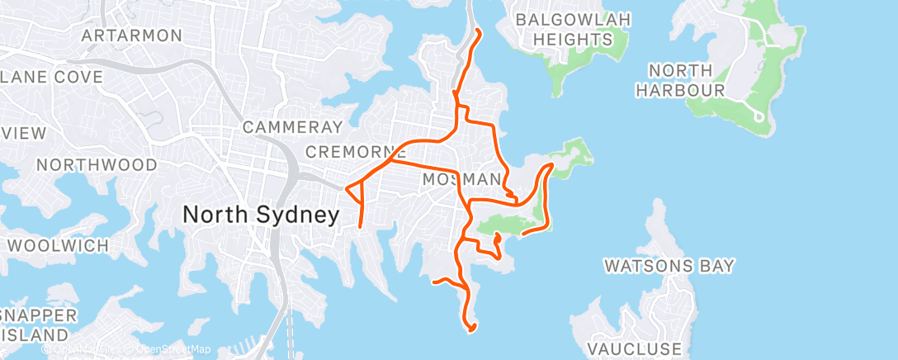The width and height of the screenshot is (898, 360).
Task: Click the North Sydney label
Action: click(260, 216)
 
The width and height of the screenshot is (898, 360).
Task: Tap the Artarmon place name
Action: click(131, 36)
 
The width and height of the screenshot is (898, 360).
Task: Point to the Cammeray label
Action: click(292, 127)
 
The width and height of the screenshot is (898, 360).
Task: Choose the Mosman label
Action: click(461, 179)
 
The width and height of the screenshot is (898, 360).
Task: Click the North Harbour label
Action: click(686, 80)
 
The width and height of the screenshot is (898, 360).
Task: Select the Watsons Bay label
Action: click(669, 266)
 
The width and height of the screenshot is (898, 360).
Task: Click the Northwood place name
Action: click(97, 165)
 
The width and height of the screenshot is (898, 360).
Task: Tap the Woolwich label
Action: click(58, 245)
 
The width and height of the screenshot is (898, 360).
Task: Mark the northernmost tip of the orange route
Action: click(480, 31)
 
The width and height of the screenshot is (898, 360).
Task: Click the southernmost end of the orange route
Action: click(471, 332)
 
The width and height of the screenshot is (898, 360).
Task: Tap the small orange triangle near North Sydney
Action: click(356, 194)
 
